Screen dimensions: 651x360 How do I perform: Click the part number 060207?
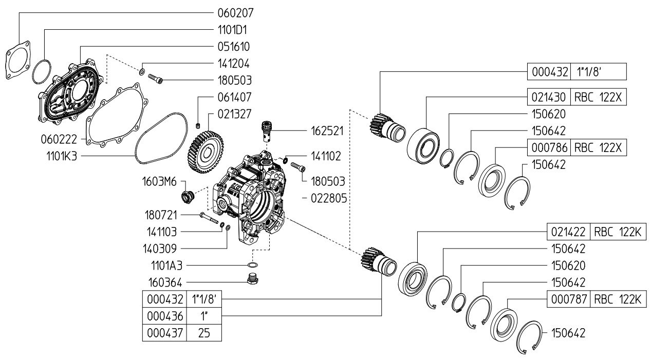235,13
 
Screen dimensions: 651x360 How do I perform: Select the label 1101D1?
232,30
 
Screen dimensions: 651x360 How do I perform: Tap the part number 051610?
234,47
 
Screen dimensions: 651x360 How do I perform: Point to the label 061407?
234,97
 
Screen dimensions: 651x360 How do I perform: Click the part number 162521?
327,131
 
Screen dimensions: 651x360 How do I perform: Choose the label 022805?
329,198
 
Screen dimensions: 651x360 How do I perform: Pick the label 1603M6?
159,182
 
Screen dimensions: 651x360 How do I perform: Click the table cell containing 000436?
164,316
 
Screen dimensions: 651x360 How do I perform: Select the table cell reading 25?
204,333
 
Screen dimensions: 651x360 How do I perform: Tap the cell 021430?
549,97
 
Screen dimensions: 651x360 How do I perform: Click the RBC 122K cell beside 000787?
618,299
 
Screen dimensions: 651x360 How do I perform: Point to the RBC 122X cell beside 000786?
599,147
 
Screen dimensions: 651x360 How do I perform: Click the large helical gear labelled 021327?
206,152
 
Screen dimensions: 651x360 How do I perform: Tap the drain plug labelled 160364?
252,279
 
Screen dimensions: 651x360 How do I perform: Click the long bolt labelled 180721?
209,218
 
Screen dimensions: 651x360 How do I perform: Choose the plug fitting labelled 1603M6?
188,197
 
